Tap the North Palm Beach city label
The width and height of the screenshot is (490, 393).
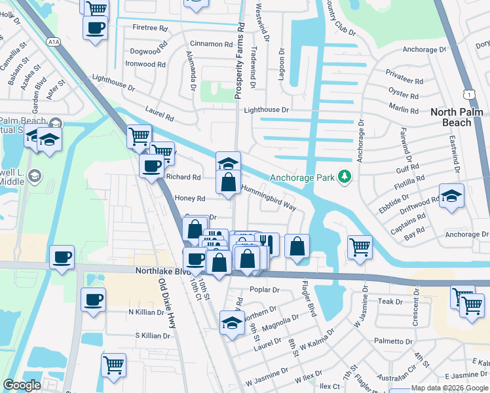pyautogui.click(x=460, y=117)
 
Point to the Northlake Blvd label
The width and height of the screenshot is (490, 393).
pyautogui.click(x=162, y=271)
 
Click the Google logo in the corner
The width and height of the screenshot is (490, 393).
pyautogui.click(x=22, y=385)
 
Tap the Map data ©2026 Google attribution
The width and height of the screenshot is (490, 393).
pyautogui.click(x=449, y=388)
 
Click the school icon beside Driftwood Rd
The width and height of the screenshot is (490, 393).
pyautogui.click(x=451, y=196)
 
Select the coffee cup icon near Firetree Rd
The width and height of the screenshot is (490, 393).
pyautogui.click(x=96, y=28)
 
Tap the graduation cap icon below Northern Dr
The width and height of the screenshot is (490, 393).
pyautogui.click(x=231, y=324)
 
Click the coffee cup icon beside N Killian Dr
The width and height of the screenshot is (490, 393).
pyautogui.click(x=93, y=299)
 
